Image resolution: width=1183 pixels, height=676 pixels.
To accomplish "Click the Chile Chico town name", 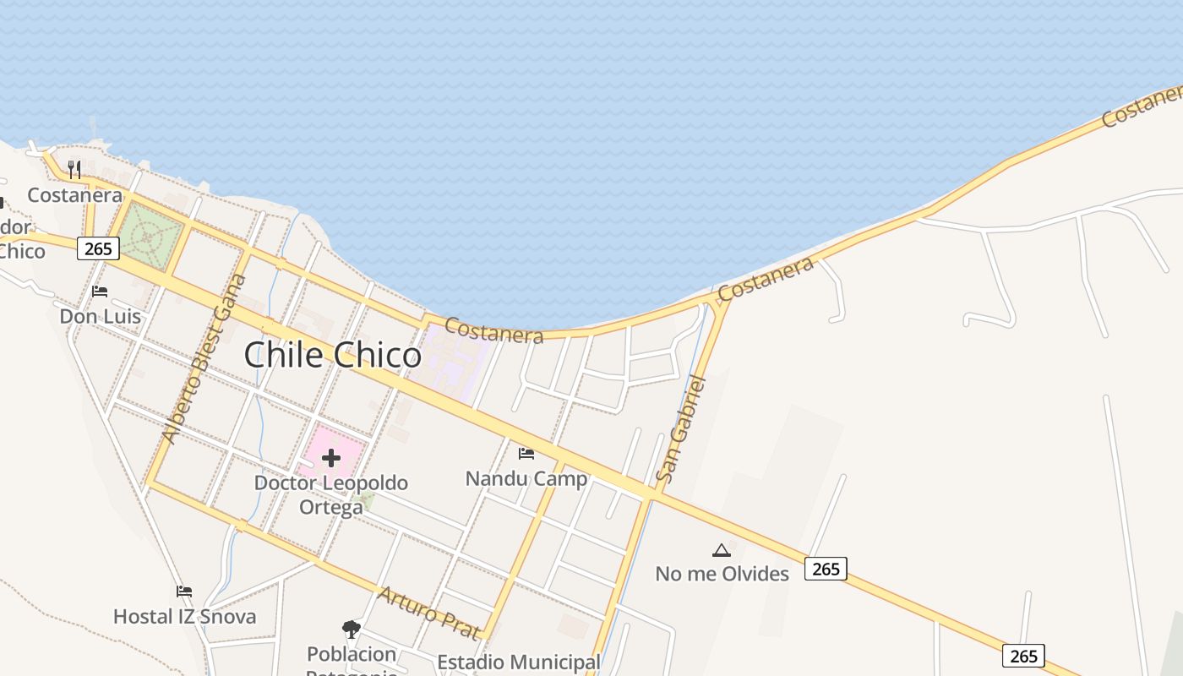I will click(x=332, y=355).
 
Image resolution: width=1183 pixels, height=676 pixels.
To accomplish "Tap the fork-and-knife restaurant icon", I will click(x=74, y=170).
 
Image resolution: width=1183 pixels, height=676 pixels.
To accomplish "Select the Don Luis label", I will click(x=100, y=316).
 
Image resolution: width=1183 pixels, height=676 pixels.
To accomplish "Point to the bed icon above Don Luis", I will click(x=100, y=292).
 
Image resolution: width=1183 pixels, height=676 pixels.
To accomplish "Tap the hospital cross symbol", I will click(x=331, y=458).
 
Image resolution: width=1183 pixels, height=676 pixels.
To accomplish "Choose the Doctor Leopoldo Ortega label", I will click(x=331, y=494).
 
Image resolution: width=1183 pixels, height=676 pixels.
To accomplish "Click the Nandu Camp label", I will click(x=526, y=479).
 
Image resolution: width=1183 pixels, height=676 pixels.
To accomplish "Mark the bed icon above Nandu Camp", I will click(x=526, y=454).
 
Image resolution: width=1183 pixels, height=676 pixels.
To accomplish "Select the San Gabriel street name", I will click(x=680, y=429).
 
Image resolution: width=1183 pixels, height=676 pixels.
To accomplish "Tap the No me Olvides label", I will click(x=722, y=574).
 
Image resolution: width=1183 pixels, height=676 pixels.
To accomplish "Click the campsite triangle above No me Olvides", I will click(x=721, y=551).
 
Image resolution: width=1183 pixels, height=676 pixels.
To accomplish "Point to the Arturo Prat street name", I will click(x=429, y=613).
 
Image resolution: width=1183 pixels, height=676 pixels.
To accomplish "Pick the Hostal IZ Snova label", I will click(x=184, y=616).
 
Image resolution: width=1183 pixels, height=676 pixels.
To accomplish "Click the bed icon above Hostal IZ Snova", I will click(x=184, y=591).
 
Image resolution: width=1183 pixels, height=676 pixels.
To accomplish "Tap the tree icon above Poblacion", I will click(x=352, y=629).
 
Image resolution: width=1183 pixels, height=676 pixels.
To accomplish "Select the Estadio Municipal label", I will click(x=519, y=662).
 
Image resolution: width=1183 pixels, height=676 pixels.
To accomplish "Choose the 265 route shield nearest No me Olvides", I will click(x=826, y=569).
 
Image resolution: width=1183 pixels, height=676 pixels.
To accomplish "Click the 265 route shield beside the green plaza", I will click(x=98, y=248).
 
